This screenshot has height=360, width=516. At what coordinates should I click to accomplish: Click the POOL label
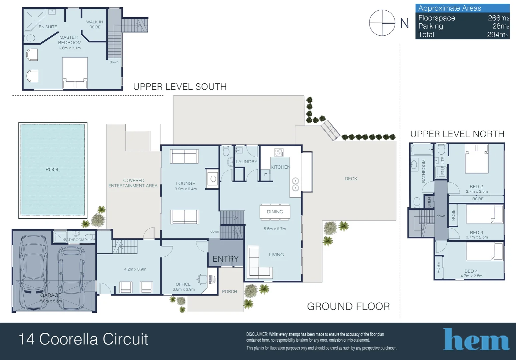point(52,170)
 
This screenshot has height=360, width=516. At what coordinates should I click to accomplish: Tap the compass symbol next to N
point(382,23)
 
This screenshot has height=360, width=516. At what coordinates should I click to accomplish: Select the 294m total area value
point(497,35)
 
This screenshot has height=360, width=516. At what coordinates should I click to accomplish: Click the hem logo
point(476,340)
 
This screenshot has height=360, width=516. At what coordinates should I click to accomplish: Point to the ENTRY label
point(225,259)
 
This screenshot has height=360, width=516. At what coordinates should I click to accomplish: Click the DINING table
point(275,212)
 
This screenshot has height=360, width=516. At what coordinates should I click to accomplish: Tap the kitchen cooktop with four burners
point(279,153)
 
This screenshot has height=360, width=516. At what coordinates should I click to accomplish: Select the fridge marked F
point(266,175)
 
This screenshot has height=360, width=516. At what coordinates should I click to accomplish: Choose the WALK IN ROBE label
point(95,24)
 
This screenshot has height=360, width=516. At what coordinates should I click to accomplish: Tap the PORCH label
point(229,292)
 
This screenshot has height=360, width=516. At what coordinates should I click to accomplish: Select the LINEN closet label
point(429,202)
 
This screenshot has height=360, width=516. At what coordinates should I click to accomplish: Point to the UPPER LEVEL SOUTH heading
point(180,87)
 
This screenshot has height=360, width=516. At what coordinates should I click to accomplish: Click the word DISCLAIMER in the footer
point(257,334)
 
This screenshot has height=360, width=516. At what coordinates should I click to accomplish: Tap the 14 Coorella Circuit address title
point(83,339)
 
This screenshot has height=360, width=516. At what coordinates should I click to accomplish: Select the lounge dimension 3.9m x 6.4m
point(185,189)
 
